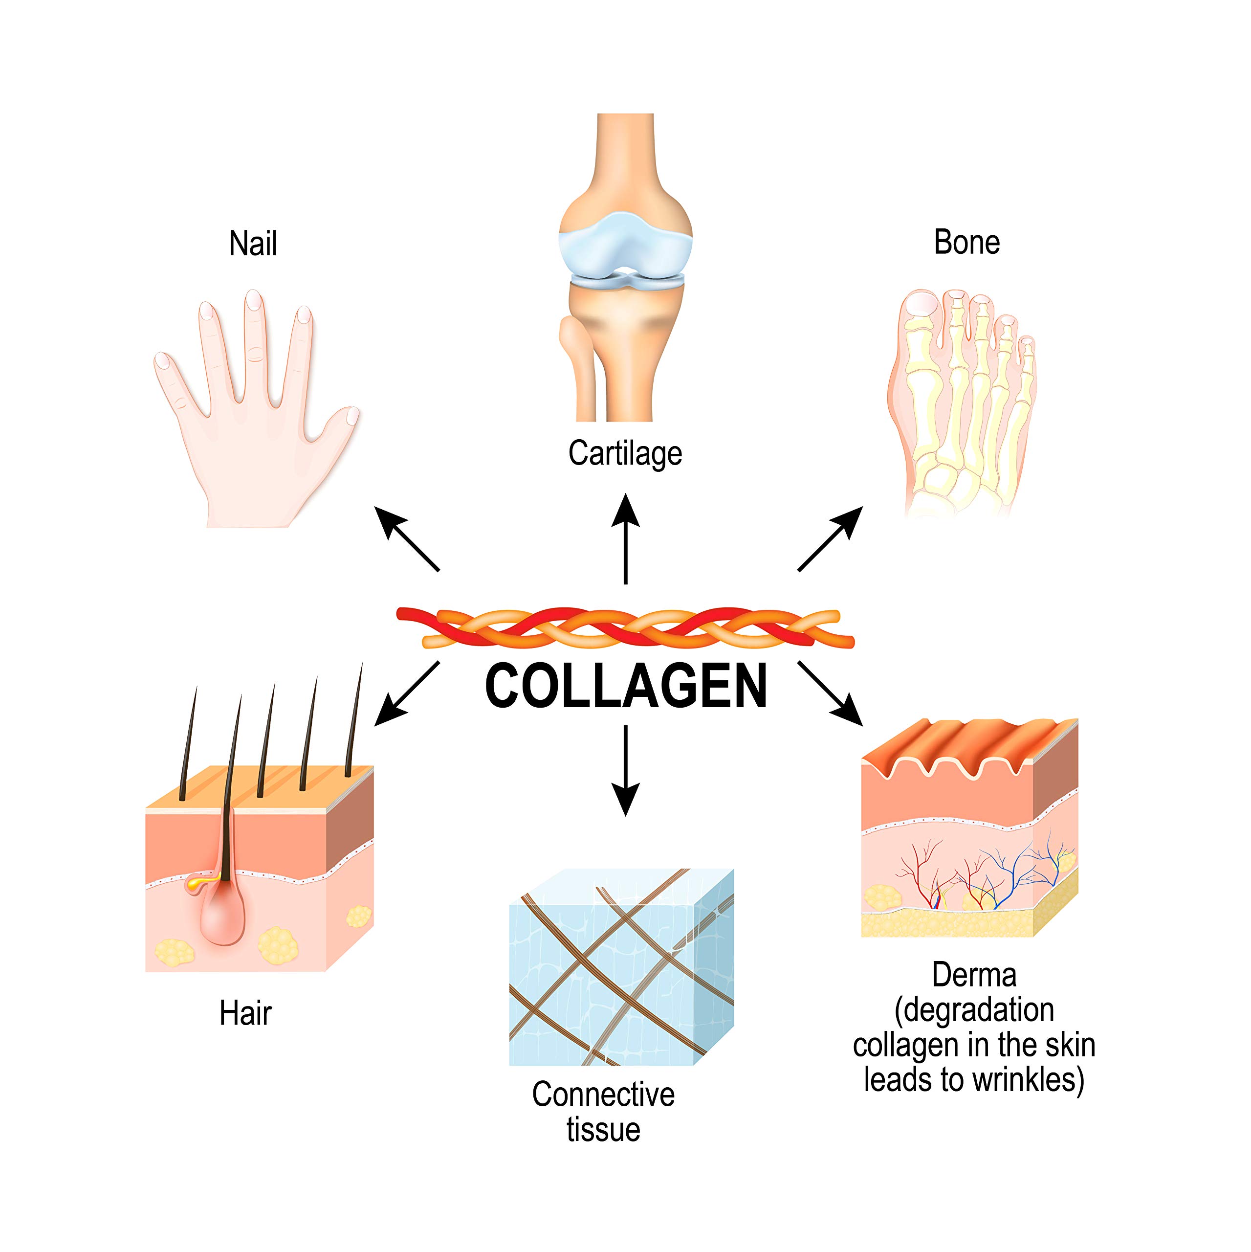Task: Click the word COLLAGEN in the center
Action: click(x=626, y=686)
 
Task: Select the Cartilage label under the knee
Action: click(x=625, y=453)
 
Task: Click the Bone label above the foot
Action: click(x=966, y=243)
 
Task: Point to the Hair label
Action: click(x=245, y=1013)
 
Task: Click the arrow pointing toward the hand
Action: click(x=406, y=539)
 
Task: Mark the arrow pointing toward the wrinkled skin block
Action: click(x=831, y=694)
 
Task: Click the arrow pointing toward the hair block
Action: click(x=406, y=694)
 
